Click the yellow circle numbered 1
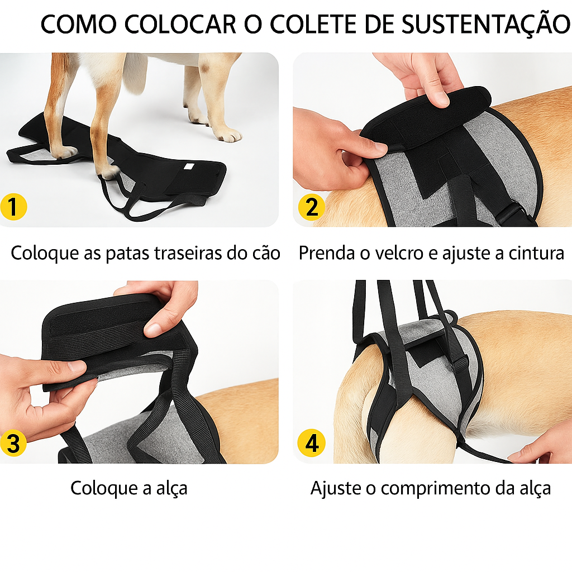pyautogui.click(x=15, y=207)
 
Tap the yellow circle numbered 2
pyautogui.click(x=311, y=207)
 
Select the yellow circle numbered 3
pyautogui.click(x=15, y=444)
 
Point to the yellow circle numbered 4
pyautogui.click(x=311, y=444)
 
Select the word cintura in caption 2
pyautogui.click(x=536, y=254)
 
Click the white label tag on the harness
pyautogui.click(x=189, y=168)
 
